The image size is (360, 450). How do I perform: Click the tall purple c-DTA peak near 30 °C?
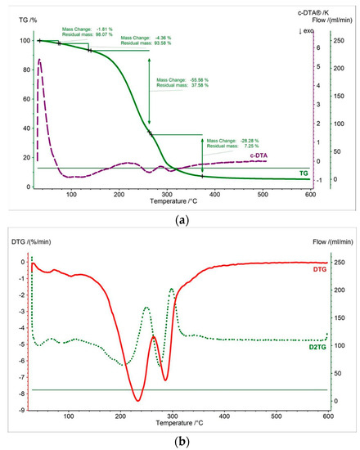point(39,61)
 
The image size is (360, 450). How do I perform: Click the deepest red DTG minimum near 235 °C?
point(137,400)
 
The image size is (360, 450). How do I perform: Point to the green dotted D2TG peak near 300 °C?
point(172,289)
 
